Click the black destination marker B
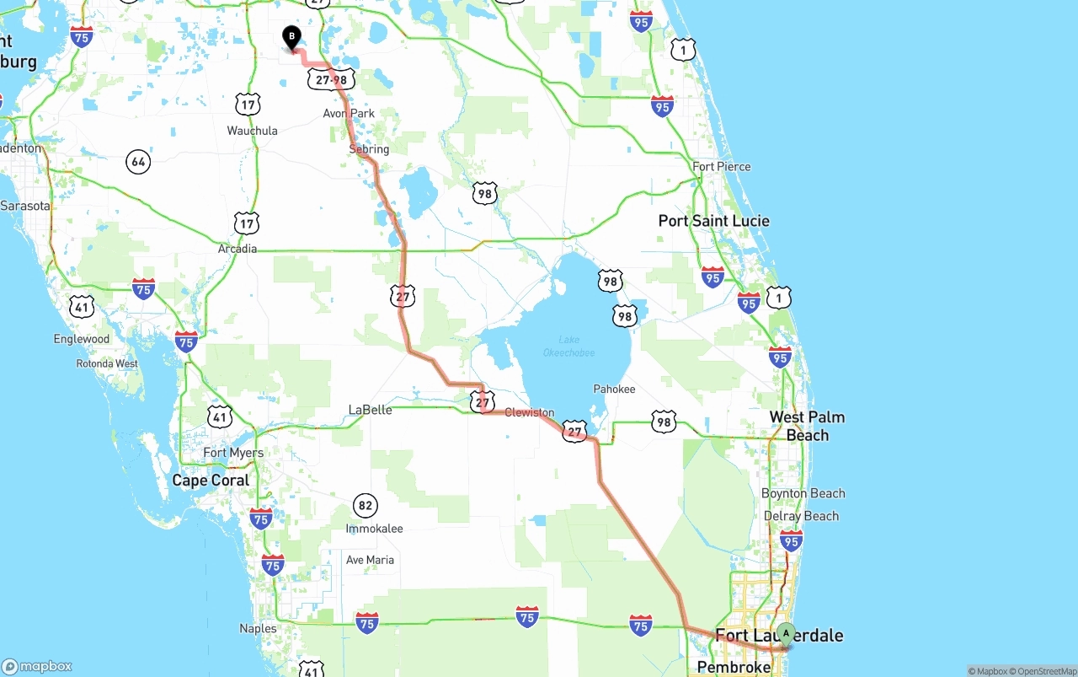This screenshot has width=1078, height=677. (x=291, y=37)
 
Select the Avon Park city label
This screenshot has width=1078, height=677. (x=349, y=113)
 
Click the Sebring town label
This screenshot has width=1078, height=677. (x=369, y=149)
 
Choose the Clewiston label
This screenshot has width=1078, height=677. (x=530, y=412)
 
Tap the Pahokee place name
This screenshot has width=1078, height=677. (x=614, y=389)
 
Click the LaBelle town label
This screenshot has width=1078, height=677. (x=370, y=410)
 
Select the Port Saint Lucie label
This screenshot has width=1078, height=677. (x=713, y=221)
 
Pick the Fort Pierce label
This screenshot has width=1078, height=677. (x=721, y=166)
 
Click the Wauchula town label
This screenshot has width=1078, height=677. (x=252, y=131)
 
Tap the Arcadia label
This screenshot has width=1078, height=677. (x=237, y=249)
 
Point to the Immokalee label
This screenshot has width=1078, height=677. (x=374, y=529)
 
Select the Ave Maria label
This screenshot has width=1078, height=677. (x=370, y=560)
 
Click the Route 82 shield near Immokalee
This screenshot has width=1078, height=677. (x=365, y=507)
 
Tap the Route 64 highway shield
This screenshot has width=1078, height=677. (x=138, y=161)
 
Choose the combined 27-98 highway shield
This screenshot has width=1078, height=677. (x=331, y=79)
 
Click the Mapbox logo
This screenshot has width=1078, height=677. (x=38, y=666)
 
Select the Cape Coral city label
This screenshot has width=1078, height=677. (x=211, y=481)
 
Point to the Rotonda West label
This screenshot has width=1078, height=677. (x=107, y=363)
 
